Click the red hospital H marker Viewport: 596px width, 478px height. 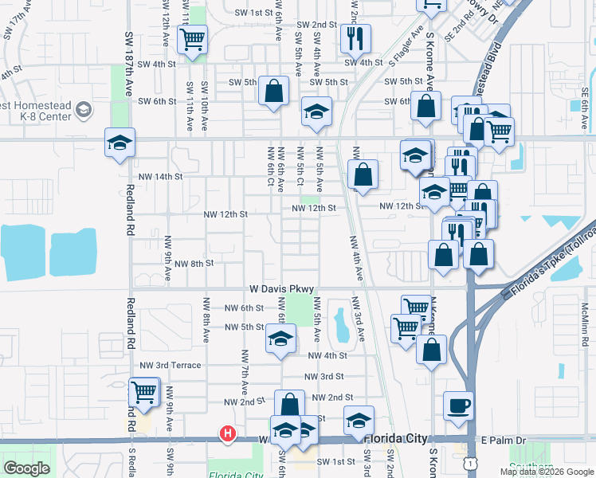pyautogui.click(x=228, y=433)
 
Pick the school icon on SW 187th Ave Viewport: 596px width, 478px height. pyautogui.click(x=120, y=143)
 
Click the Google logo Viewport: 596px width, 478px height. pyautogui.click(x=26, y=468)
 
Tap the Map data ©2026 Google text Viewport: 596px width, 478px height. pyautogui.click(x=546, y=472)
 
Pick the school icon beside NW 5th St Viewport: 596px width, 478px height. pyautogui.click(x=280, y=338)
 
